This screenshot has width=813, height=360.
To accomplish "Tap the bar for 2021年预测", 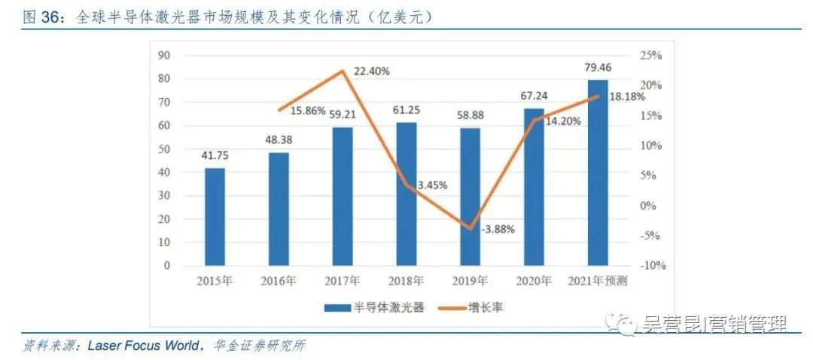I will coord(598,173).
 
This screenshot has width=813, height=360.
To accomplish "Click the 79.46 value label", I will coord(598,69).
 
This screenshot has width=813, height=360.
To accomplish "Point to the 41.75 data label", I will coord(215,156).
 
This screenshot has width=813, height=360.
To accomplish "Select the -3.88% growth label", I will coord(496,230).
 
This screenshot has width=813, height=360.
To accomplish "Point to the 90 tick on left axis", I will coord(165,55).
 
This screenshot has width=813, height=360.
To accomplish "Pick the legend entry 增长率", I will coord(490,308).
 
